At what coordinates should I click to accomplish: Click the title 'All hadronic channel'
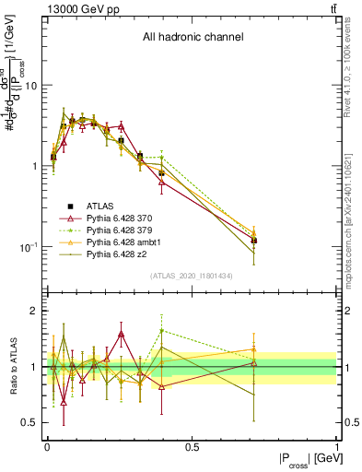[193, 38]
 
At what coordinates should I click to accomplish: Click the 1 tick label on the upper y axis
[34, 166]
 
